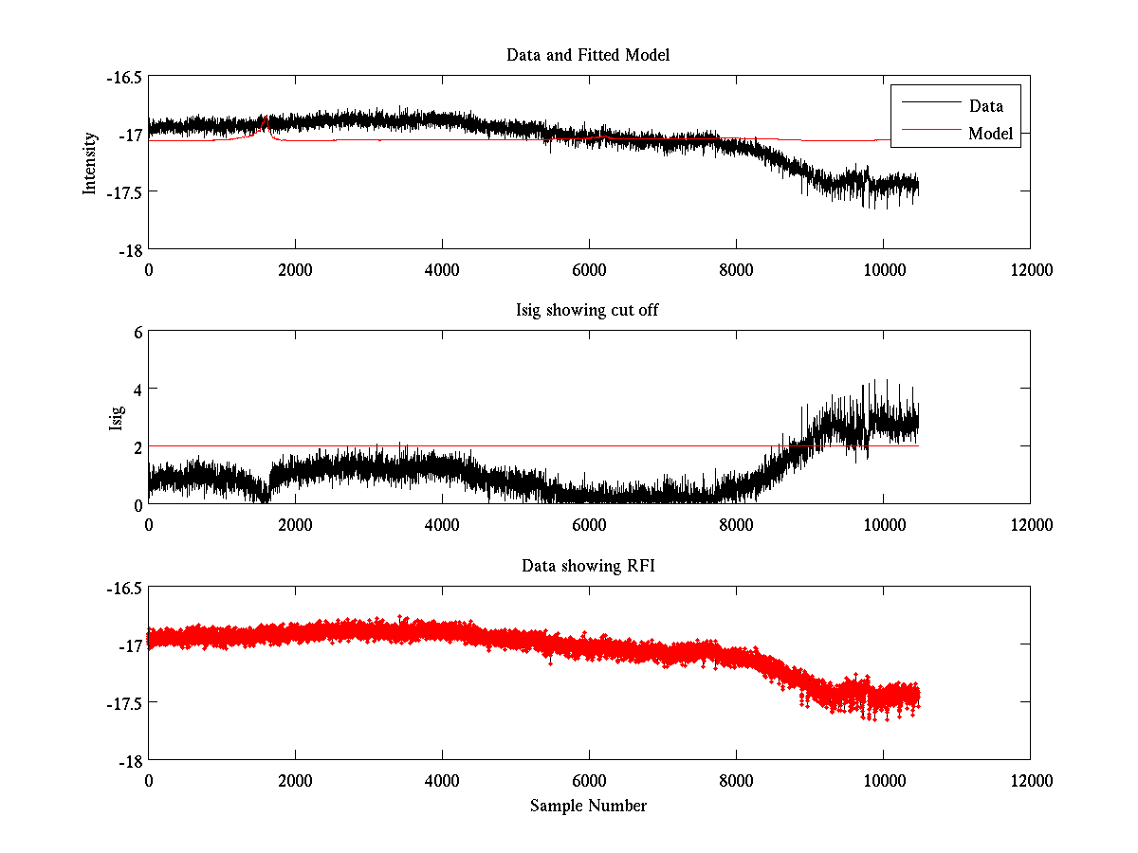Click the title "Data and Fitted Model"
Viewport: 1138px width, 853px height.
pos(588,55)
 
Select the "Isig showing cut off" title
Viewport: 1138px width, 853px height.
pos(588,311)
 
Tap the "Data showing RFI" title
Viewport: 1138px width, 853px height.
pos(588,566)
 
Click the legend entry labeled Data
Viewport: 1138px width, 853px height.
pos(985,105)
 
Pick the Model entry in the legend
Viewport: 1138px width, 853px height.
pos(990,134)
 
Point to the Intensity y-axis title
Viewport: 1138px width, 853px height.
pos(90,162)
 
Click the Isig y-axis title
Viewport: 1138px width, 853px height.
pos(116,417)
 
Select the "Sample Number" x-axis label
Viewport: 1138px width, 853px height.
pos(588,806)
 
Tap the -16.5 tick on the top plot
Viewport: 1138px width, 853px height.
pos(124,77)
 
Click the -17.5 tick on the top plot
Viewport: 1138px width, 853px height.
pos(124,192)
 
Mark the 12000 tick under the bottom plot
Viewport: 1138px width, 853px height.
pos(1030,780)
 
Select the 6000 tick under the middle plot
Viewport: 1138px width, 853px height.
pos(589,524)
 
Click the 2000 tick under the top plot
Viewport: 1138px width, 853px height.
pos(295,269)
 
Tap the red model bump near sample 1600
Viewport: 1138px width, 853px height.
pos(266,122)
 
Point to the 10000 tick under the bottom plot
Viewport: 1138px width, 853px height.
pos(883,780)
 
